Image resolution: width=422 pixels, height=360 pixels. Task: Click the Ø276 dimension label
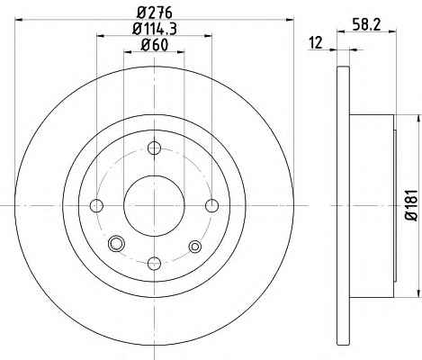coord(155,13)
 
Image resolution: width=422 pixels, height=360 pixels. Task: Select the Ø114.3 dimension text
coord(155,29)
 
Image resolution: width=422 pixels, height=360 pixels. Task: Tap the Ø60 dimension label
coord(155,45)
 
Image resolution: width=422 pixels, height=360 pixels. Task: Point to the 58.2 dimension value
coord(366,24)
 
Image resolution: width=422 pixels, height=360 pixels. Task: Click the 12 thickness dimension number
coord(316,42)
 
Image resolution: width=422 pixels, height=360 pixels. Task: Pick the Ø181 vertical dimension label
coord(411,205)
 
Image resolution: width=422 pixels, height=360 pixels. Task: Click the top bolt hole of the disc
coord(155,148)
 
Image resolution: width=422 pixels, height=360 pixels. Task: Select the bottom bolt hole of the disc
coord(155,263)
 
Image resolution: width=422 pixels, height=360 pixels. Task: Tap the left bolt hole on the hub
coord(96,205)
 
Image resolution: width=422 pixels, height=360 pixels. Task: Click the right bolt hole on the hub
coord(212,205)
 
